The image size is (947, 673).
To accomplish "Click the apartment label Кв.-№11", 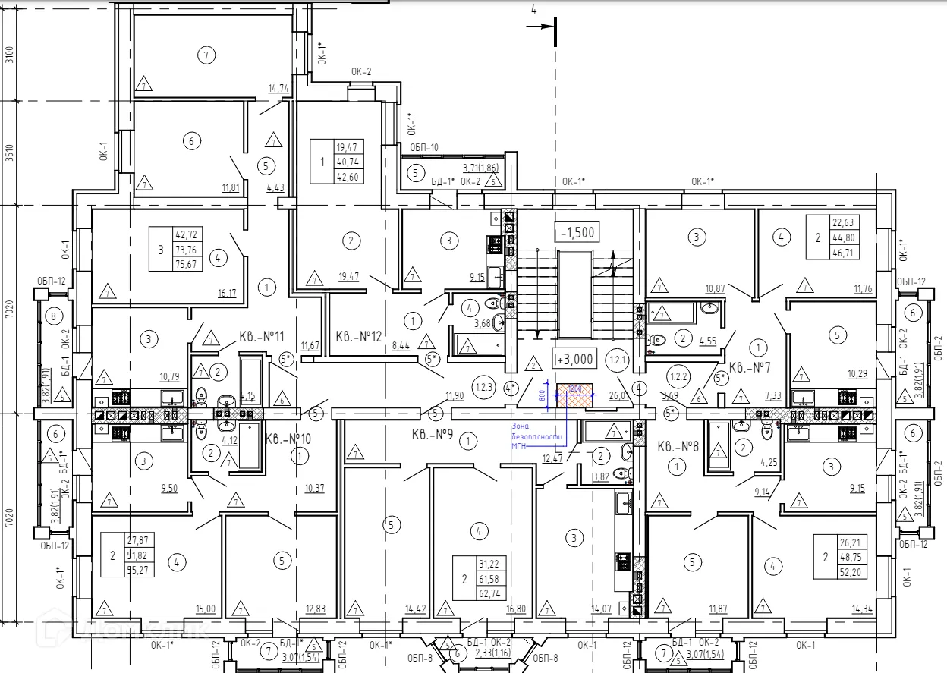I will (x=263, y=336).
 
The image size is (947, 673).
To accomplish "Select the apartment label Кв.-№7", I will (x=750, y=368).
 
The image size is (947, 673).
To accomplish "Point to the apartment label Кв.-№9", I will (x=433, y=436).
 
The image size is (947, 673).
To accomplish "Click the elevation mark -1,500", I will (x=576, y=232).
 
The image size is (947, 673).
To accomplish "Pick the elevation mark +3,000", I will (x=576, y=358).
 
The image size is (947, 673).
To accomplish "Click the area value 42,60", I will (x=351, y=177).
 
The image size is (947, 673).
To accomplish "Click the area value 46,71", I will (x=844, y=253).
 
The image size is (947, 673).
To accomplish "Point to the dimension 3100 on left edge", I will (x=9, y=56).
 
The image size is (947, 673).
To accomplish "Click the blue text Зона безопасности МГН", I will (x=536, y=437).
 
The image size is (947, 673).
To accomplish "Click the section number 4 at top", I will (x=534, y=10).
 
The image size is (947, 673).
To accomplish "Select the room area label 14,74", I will (x=278, y=89).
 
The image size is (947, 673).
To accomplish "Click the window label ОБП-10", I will (x=424, y=147).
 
